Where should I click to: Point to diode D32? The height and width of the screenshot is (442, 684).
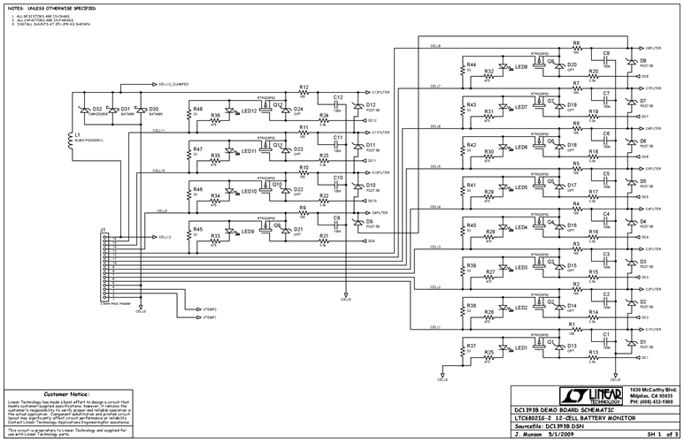(86, 111)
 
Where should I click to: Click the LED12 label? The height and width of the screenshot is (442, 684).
(249, 110)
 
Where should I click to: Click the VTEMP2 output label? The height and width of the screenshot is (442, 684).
(209, 309)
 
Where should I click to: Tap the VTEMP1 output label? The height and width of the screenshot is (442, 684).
(209, 316)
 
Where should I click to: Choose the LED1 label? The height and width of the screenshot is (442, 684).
(521, 347)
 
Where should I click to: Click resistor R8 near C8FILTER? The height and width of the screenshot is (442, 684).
(576, 44)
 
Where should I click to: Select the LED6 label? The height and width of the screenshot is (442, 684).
(521, 147)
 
